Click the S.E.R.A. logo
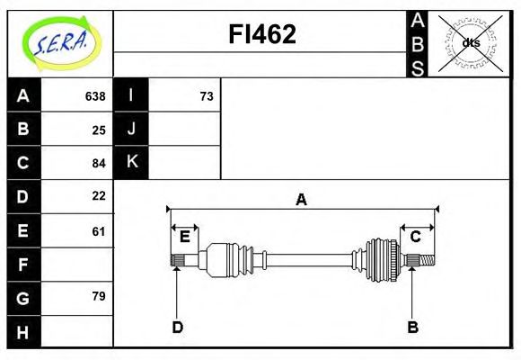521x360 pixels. (59, 42)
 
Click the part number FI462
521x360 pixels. (260, 34)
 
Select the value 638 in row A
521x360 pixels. (95, 96)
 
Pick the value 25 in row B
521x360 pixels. (99, 130)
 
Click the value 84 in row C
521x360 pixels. (99, 163)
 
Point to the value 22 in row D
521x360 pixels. (99, 195)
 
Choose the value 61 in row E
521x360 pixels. (99, 231)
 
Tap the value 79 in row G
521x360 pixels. (99, 295)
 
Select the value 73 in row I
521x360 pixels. (207, 96)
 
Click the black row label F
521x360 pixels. (23, 265)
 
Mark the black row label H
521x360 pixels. (23, 331)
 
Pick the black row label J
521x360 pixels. (131, 129)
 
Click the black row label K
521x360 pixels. (131, 162)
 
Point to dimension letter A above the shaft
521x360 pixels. (302, 200)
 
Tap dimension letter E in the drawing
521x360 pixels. (184, 237)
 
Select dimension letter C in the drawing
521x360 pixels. (416, 237)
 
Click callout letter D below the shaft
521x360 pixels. (177, 327)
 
